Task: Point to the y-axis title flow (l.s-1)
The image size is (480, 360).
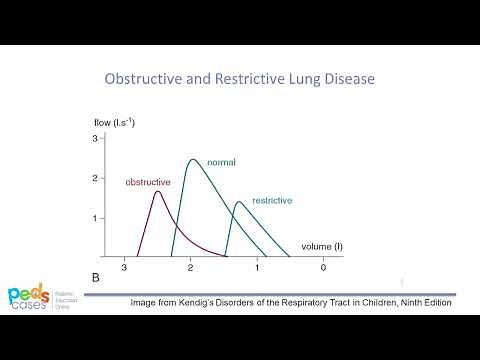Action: click(x=114, y=123)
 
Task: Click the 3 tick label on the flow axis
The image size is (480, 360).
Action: click(x=94, y=139)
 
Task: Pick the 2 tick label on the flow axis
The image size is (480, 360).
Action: click(x=94, y=178)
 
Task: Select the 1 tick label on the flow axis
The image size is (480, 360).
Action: click(x=94, y=218)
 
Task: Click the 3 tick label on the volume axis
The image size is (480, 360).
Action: click(x=124, y=269)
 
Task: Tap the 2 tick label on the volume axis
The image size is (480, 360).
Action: click(x=190, y=269)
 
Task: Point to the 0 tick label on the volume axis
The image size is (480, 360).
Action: click(x=323, y=269)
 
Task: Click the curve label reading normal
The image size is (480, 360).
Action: click(x=221, y=161)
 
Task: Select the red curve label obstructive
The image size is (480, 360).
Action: click(x=148, y=182)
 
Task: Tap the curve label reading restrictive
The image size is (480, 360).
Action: click(x=272, y=200)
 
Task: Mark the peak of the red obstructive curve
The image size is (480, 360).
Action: click(x=157, y=192)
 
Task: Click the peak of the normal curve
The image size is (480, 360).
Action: click(x=192, y=159)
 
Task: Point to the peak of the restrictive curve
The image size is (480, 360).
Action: click(x=238, y=202)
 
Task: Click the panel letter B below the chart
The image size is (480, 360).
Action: click(x=96, y=275)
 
